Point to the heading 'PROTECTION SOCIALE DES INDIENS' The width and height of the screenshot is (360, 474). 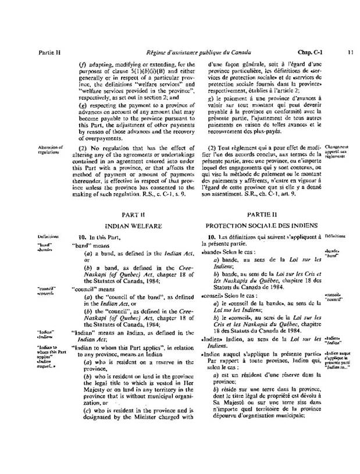click(263, 224)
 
